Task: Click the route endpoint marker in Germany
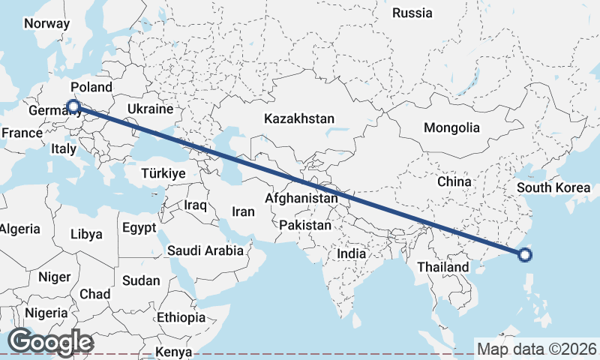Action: (73, 106)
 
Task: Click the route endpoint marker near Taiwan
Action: (525, 256)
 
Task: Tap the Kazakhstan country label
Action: (298, 118)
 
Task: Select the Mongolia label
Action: (451, 127)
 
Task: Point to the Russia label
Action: (412, 13)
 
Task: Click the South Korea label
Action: (553, 187)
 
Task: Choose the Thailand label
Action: (443, 267)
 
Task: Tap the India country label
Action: (351, 254)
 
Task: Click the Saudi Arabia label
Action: (205, 250)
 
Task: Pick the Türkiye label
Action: (163, 173)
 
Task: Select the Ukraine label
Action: (150, 109)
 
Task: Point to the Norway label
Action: (46, 23)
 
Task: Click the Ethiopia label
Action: (181, 317)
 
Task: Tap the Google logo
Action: (50, 342)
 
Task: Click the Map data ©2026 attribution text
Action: (536, 349)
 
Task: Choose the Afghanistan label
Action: (301, 199)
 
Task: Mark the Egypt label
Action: (139, 227)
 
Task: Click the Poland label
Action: (91, 87)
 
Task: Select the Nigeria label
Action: (46, 313)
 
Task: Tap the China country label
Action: (454, 181)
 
